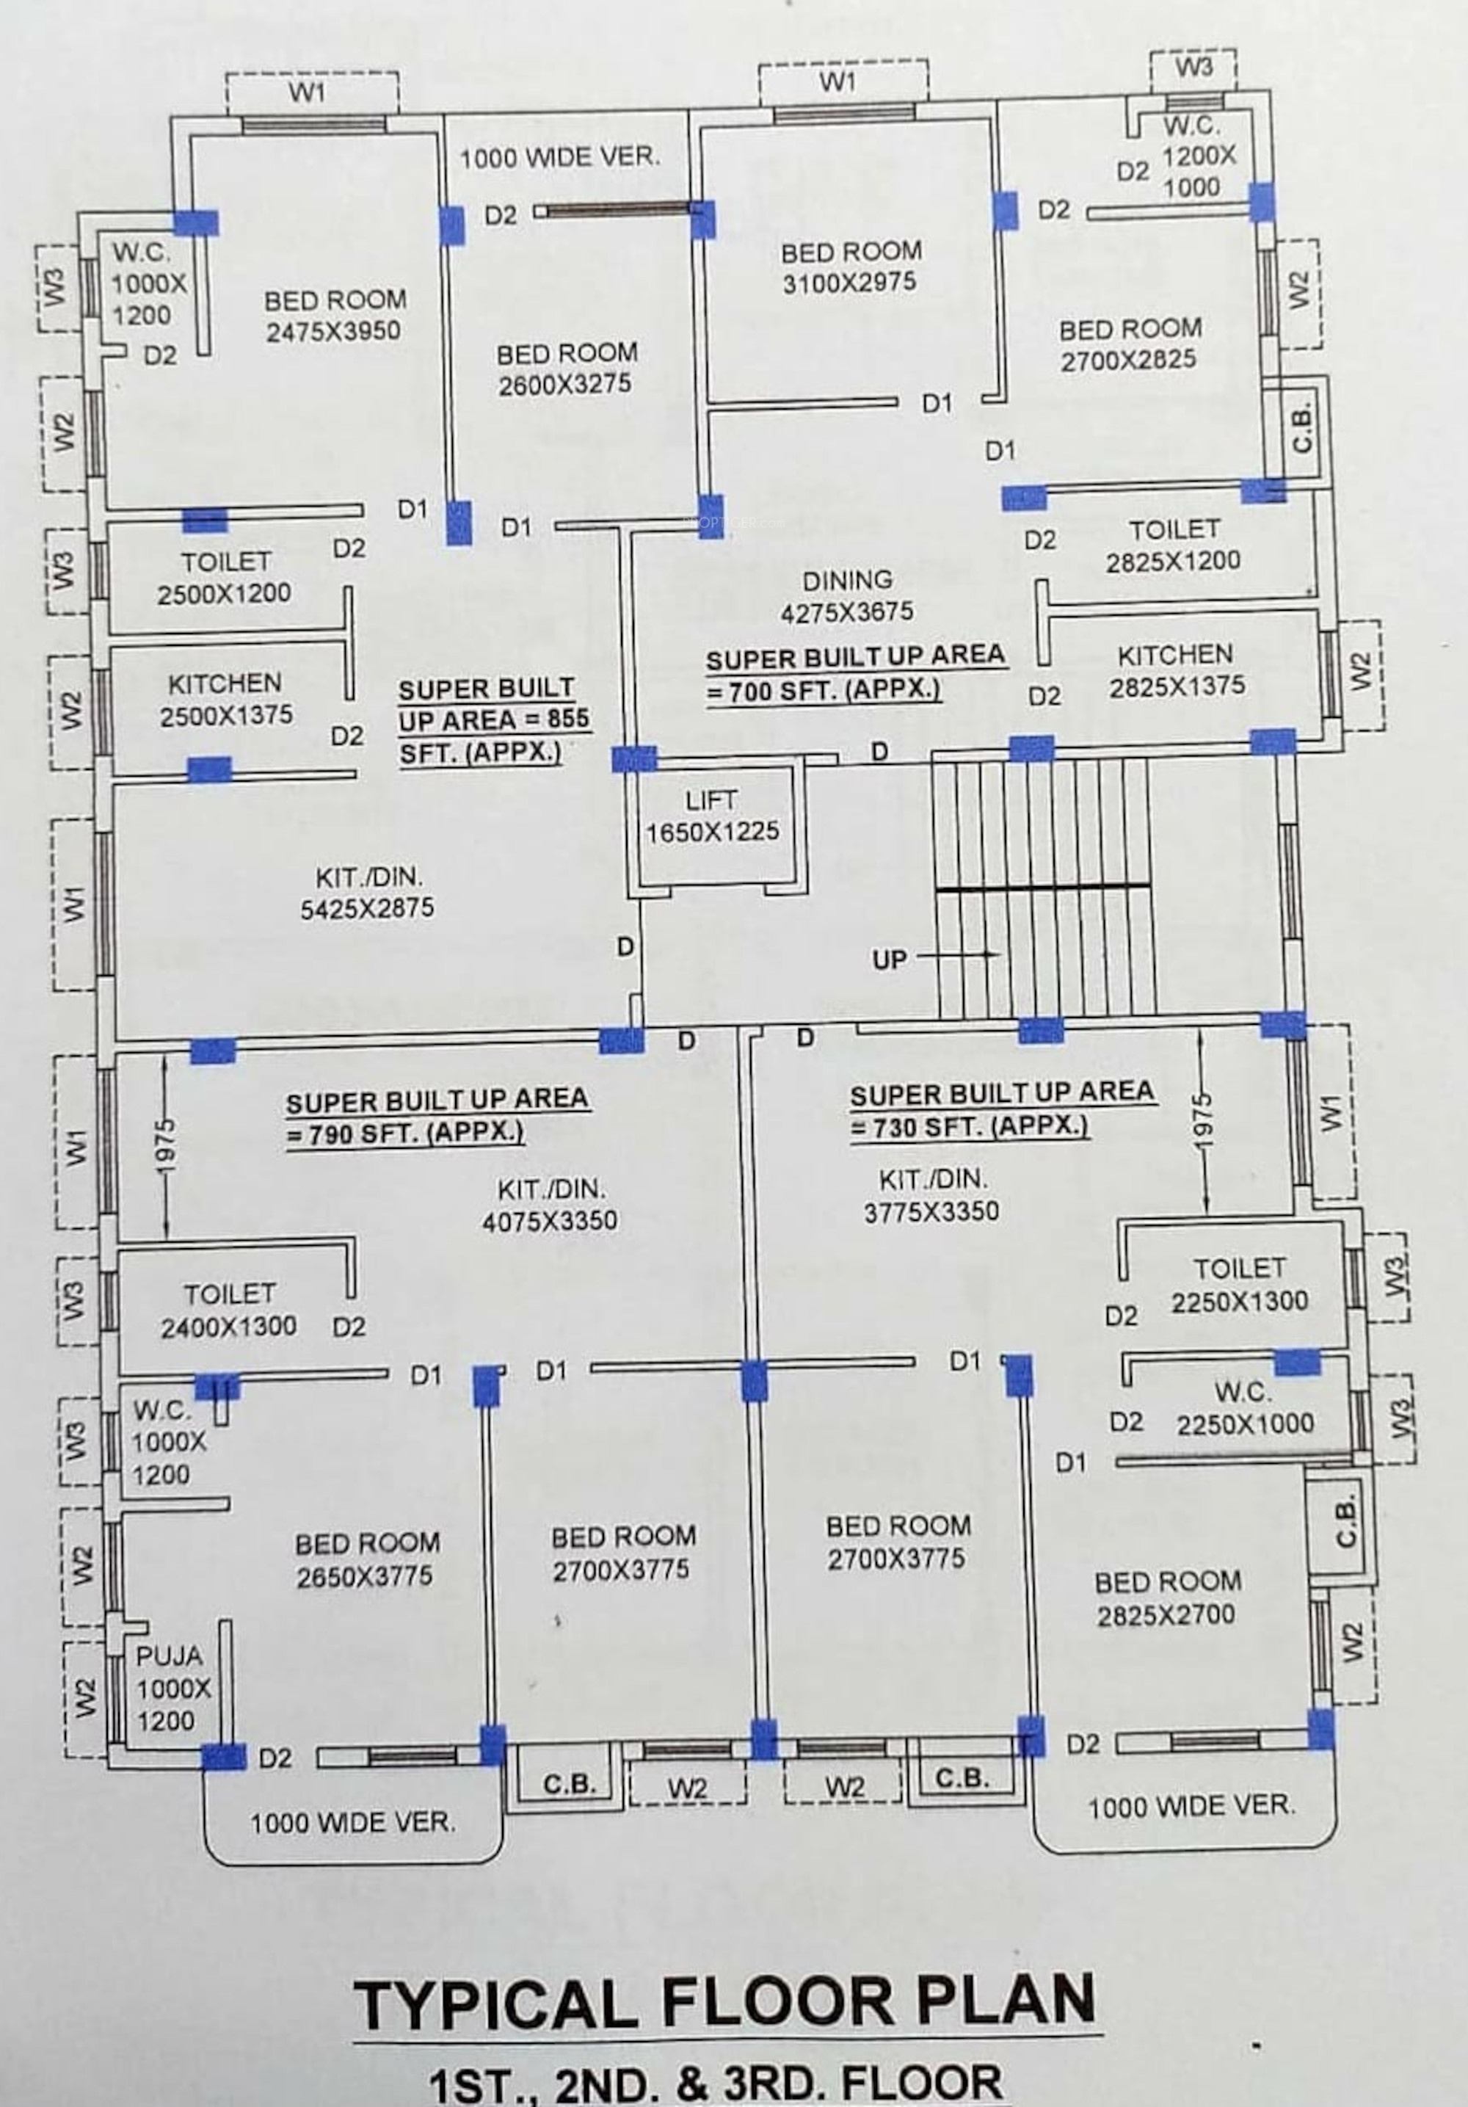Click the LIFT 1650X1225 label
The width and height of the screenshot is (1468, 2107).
point(712,816)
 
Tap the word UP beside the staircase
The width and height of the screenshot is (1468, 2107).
point(888,960)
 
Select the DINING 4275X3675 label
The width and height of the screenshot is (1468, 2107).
point(847,595)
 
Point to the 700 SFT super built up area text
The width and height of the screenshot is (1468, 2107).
point(854,672)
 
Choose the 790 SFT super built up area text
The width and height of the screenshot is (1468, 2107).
point(437,1116)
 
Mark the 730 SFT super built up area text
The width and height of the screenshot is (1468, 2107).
point(1001,1109)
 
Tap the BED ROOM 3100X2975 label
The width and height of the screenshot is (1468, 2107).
point(851,266)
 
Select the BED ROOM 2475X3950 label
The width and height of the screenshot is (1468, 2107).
point(334,315)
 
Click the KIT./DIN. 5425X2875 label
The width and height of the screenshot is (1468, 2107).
point(367,892)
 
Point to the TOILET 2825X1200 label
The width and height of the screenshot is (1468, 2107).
point(1173,545)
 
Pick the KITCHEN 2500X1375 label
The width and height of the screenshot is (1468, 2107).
point(226,699)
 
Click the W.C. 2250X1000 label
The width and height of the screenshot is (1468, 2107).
point(1244,1408)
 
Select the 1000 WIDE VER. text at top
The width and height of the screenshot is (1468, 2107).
point(559,158)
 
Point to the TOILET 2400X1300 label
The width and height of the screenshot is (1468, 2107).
point(228,1310)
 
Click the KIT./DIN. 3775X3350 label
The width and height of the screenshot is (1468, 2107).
point(931,1195)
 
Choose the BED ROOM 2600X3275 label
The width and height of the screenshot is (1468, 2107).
point(566,369)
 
